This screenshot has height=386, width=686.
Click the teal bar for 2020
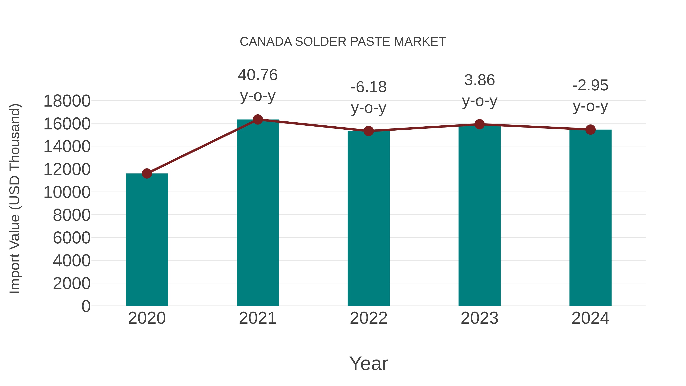click(x=147, y=240)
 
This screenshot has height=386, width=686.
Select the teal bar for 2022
click(x=369, y=218)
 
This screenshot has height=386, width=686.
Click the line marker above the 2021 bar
click(x=257, y=120)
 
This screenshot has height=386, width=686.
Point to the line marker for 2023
click(x=479, y=124)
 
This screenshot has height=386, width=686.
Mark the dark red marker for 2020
click(x=147, y=173)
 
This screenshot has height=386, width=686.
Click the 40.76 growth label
click(x=257, y=75)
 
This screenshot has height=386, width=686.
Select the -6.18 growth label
click(x=369, y=87)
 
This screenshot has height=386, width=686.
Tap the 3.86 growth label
click(x=479, y=80)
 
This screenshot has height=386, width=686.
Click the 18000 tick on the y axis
click(x=67, y=101)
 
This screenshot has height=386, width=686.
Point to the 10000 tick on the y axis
click(x=67, y=192)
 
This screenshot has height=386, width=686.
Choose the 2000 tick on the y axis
click(x=72, y=283)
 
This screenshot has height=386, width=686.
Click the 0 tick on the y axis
click(x=86, y=306)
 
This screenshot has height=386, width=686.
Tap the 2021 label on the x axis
click(x=257, y=318)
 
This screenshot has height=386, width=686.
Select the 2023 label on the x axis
click(x=479, y=318)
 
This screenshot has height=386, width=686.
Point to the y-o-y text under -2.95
click(x=590, y=106)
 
